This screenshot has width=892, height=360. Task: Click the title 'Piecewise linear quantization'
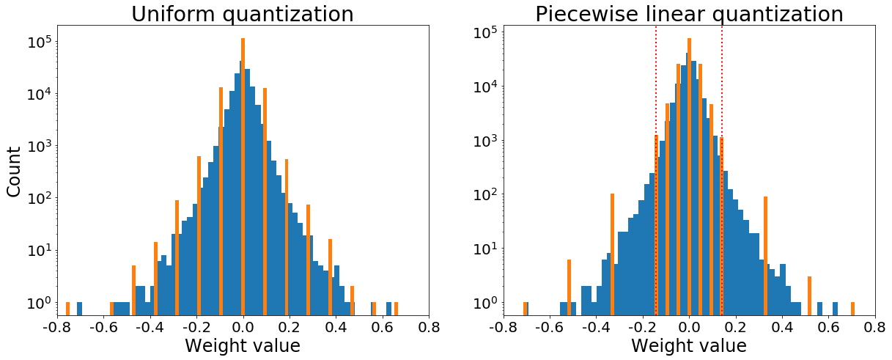pos(689,14)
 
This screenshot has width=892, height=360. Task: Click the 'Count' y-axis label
pos(14,172)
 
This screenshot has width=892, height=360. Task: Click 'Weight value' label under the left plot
pos(243,345)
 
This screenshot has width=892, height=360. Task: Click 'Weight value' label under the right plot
pos(689,345)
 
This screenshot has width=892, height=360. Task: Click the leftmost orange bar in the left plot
pos(67,309)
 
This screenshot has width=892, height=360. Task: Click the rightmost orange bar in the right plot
pos(852,309)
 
